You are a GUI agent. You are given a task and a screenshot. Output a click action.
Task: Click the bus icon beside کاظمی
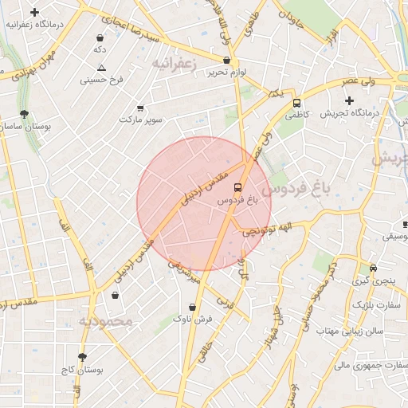coord(297,103)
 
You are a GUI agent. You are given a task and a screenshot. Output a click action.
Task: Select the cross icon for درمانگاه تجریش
coord(348,100)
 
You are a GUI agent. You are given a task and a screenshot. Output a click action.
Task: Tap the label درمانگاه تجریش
coord(348,114)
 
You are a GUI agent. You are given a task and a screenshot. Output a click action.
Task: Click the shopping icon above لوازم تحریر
coord(227,60)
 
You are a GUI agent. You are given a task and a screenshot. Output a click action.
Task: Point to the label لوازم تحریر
coord(227,73)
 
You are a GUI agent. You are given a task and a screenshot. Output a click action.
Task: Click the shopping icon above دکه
coord(100,37)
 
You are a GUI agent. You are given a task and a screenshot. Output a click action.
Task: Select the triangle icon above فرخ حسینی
coord(100,68)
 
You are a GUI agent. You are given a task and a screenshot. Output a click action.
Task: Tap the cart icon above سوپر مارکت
coord(141,108)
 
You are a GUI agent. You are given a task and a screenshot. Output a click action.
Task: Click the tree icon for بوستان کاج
coord(82,357)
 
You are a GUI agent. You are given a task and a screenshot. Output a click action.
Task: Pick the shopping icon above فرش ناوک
coord(192,307)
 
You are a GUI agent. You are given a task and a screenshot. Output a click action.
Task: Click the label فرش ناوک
coord(194,320)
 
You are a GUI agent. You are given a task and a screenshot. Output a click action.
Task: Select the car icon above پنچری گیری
coord(373,269)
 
